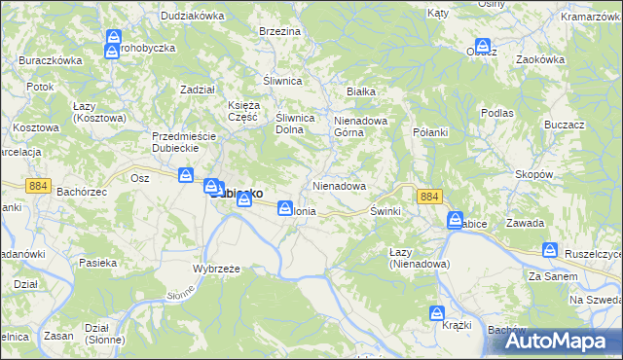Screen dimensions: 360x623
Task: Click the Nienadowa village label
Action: (x=339, y=185)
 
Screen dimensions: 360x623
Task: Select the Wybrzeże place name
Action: (x=216, y=268)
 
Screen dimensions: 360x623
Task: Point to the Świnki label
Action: (x=386, y=210)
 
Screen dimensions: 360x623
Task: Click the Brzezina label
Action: (x=279, y=31)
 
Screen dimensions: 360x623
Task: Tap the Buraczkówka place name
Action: (x=50, y=59)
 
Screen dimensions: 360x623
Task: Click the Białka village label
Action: (x=361, y=91)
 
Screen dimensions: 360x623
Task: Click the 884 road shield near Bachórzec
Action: (x=39, y=185)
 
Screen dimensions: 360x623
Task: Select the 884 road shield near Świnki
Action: (x=429, y=197)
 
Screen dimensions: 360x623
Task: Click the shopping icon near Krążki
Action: (x=438, y=314)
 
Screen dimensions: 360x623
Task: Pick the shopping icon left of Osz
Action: (x=186, y=176)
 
